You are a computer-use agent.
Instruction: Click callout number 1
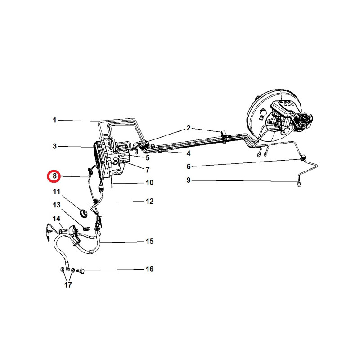(x=54, y=120)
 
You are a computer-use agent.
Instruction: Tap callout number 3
(x=54, y=146)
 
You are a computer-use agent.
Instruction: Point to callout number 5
(x=148, y=158)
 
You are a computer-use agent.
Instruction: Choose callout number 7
(x=148, y=170)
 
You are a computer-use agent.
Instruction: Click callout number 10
(x=150, y=183)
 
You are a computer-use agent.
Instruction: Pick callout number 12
(x=150, y=201)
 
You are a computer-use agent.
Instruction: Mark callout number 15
(x=150, y=241)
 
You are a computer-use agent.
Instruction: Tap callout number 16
(x=150, y=269)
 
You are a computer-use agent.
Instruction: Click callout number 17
(x=68, y=285)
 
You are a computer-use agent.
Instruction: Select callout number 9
(x=189, y=180)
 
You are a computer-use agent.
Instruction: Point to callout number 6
(x=189, y=166)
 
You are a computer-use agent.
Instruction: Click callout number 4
(x=189, y=153)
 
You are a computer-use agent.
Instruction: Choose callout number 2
(x=189, y=128)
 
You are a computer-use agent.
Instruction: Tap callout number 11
(x=57, y=192)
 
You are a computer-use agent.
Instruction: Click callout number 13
(x=57, y=205)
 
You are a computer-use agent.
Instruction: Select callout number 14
(x=57, y=219)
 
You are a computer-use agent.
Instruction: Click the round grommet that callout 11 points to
(x=83, y=213)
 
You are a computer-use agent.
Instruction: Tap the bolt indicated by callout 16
(x=81, y=271)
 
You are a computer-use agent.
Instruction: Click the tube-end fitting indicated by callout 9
(x=299, y=184)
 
